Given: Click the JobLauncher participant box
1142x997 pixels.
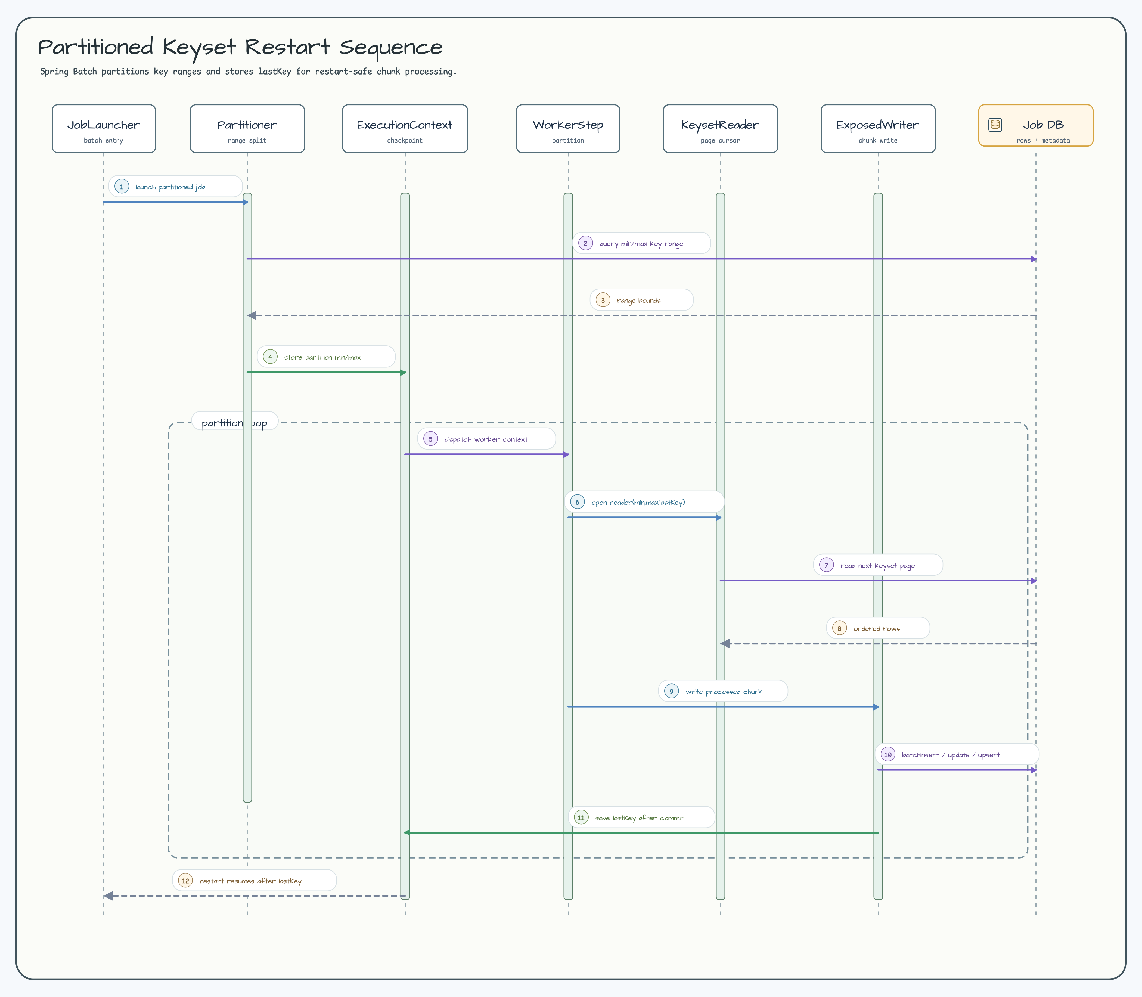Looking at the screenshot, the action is coord(104,129).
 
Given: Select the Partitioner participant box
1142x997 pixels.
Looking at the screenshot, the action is coord(247,129).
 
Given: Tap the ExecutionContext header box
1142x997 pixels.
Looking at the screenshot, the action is coord(405,129).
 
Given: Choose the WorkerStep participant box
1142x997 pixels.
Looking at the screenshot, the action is coord(568,129).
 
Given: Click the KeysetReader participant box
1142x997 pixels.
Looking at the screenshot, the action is coord(720,129).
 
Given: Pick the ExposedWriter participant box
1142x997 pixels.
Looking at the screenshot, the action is coord(878,129).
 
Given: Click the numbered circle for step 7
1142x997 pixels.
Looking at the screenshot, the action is coord(827,565).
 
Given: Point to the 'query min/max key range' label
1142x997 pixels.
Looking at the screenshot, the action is coord(641,244).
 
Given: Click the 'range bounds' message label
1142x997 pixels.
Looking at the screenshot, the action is coord(639,301).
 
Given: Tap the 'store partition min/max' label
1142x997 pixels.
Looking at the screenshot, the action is coord(323,357).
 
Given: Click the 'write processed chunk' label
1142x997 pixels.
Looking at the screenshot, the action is coord(724,692).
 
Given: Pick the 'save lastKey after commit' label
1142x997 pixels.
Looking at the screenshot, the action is coord(639,818).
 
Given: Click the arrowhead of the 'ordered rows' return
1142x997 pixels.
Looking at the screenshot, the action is coord(725,644).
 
